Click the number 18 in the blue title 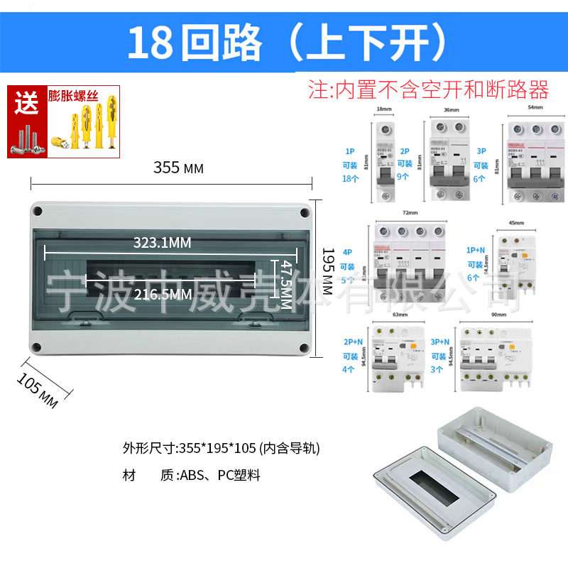pos(150,43)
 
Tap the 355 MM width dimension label pos(178,168)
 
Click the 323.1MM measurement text pos(163,243)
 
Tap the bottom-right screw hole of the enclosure pos(303,349)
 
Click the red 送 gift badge pos(28,104)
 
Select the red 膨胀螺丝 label pos(73,94)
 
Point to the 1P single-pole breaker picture pos(383,163)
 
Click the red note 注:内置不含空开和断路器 pos(428,89)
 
